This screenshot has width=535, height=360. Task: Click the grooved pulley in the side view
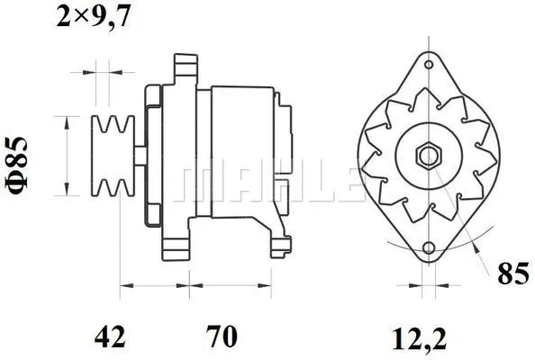113,155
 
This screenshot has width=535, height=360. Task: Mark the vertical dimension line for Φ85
65,155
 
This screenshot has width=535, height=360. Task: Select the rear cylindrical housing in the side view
241,153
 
